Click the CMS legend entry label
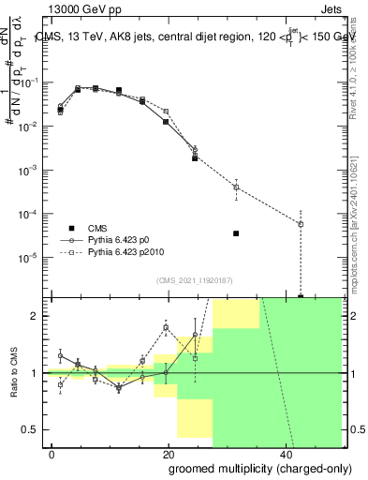pyautogui.click(x=98, y=228)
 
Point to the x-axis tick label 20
pyautogui.click(x=169, y=453)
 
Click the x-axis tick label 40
pyautogui.click(x=285, y=453)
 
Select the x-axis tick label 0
pyautogui.click(x=52, y=453)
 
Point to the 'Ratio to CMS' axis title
pyautogui.click(x=16, y=372)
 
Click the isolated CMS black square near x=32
pyautogui.click(x=236, y=233)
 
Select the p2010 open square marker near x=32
pyautogui.click(x=236, y=187)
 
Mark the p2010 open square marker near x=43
pyautogui.click(x=301, y=224)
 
